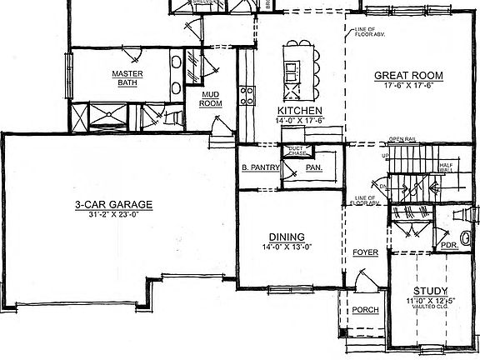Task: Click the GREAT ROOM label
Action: pyautogui.click(x=407, y=76)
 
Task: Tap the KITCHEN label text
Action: pyautogui.click(x=300, y=110)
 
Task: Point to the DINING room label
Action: pyautogui.click(x=286, y=236)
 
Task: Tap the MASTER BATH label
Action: pyautogui.click(x=127, y=77)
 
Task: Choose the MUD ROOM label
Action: pyautogui.click(x=211, y=99)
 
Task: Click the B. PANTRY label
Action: pyautogui.click(x=259, y=167)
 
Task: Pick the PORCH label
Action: pyautogui.click(x=364, y=309)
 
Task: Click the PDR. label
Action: pyautogui.click(x=449, y=245)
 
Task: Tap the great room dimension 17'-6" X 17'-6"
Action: pyautogui.click(x=407, y=86)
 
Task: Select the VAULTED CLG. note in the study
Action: pyautogui.click(x=432, y=307)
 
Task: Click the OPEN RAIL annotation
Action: pyautogui.click(x=402, y=139)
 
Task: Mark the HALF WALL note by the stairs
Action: pyautogui.click(x=457, y=167)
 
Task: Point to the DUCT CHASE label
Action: pyautogui.click(x=297, y=150)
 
